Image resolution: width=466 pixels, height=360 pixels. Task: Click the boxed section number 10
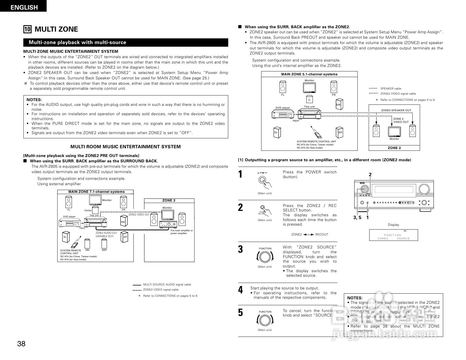tap(27, 29)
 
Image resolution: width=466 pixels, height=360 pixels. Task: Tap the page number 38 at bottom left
tap(21, 344)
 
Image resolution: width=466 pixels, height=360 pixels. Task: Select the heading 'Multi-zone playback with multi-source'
tap(78, 43)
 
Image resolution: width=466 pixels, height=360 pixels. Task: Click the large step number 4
tap(240, 290)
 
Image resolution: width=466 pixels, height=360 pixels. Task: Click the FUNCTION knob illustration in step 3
tap(265, 257)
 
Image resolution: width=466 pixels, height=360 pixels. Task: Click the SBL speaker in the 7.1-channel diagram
tap(87, 244)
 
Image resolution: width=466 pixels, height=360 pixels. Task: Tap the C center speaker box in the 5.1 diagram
tap(309, 100)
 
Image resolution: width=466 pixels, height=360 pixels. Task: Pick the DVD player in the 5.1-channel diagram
tap(283, 115)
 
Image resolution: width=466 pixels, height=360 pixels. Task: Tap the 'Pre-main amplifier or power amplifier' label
tap(182, 232)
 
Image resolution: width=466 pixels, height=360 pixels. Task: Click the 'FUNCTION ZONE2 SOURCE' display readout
tap(393, 237)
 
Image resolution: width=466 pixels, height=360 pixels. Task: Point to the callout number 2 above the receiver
tap(370, 175)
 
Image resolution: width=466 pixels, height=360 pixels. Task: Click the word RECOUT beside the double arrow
tap(322, 234)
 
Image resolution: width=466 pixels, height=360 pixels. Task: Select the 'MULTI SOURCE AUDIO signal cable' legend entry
tap(167, 285)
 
